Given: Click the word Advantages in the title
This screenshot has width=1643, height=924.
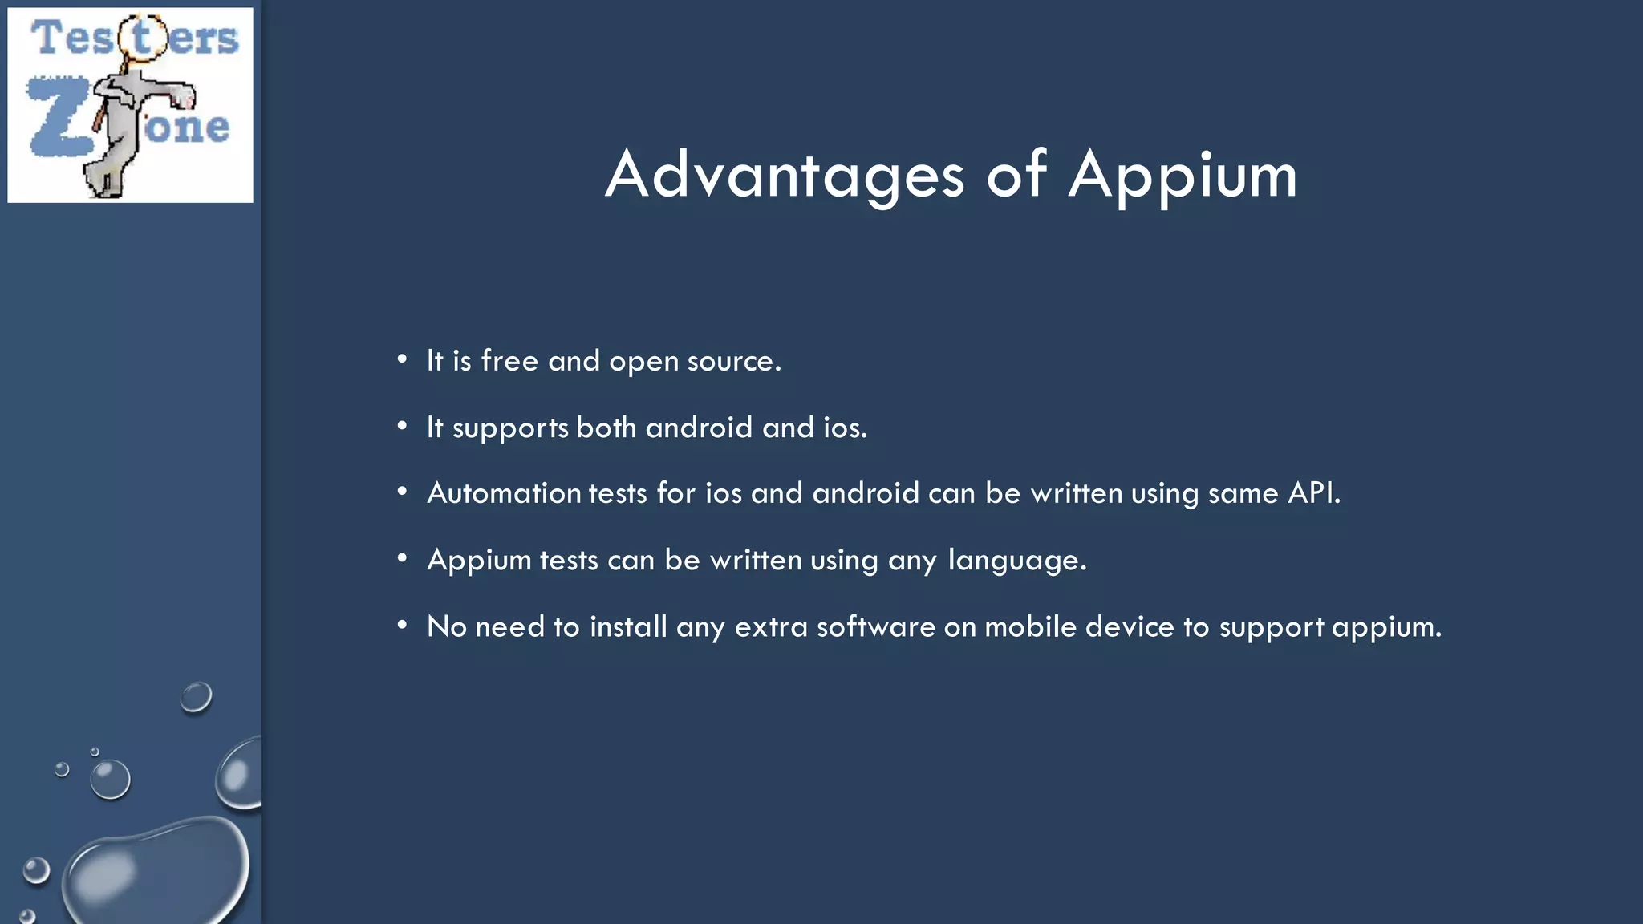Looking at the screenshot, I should tap(785, 175).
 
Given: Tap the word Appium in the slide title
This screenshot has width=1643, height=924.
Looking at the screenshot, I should tap(1183, 175).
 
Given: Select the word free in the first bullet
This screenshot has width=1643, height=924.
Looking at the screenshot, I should tap(509, 361).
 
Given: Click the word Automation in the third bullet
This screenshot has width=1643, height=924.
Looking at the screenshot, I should tap(504, 492).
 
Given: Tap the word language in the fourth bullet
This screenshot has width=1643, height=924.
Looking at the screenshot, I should tap(1016, 560).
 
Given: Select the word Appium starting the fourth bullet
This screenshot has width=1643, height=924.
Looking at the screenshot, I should tap(479, 560).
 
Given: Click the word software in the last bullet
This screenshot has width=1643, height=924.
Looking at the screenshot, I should tap(875, 626).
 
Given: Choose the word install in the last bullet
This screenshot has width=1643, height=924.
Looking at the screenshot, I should tap(628, 626).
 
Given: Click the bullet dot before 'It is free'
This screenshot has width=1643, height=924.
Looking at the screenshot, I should tap(402, 359).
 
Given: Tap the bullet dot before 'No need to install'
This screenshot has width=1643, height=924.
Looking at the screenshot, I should tap(402, 624).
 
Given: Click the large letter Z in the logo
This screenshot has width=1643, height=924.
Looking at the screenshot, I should tap(60, 117).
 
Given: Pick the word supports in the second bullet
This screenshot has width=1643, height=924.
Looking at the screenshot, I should tap(510, 428).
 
